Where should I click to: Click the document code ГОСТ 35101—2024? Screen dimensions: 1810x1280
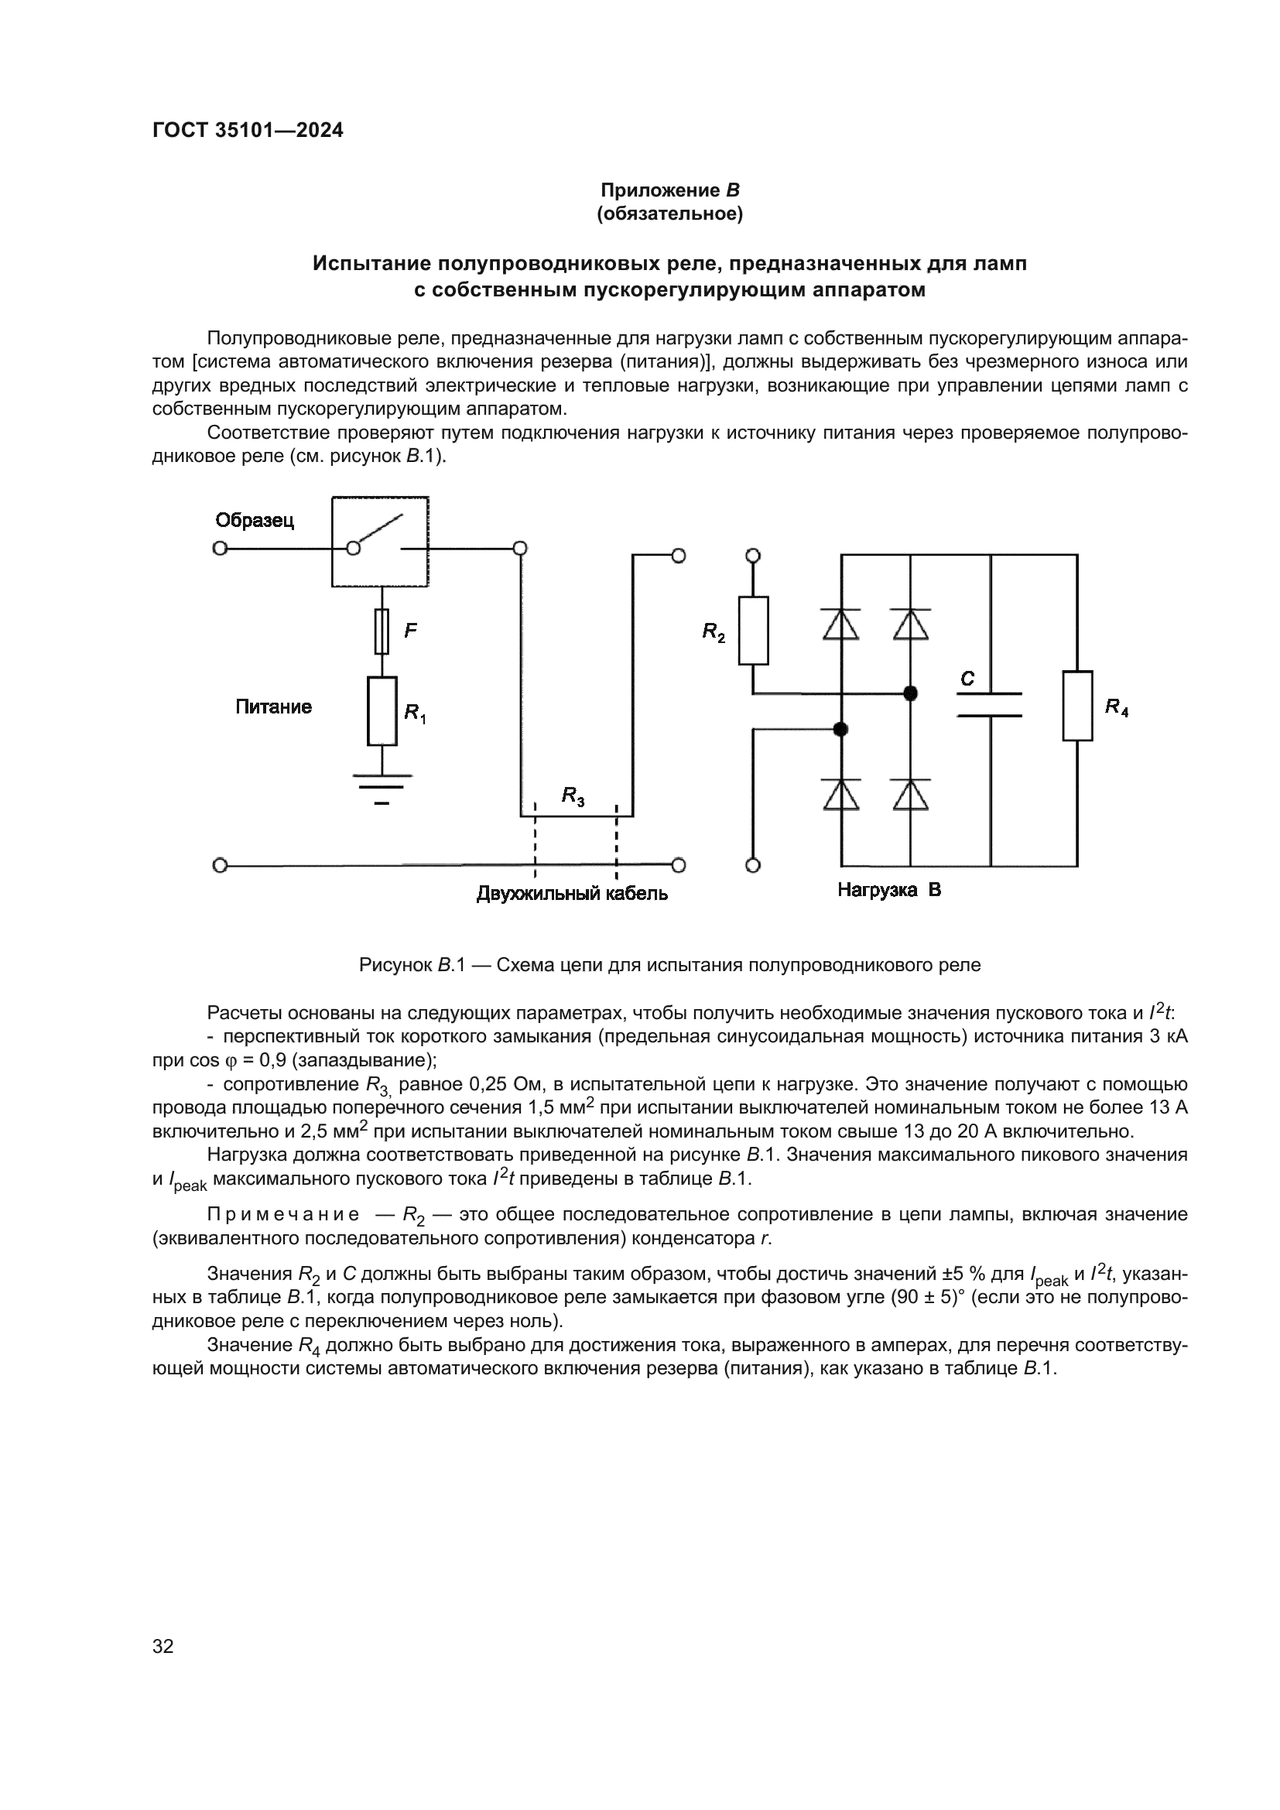(248, 130)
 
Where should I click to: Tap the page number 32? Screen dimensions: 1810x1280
(163, 1646)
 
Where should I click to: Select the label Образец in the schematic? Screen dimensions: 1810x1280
(255, 520)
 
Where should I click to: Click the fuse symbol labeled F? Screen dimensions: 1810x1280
(382, 631)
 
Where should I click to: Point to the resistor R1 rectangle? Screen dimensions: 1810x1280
(382, 710)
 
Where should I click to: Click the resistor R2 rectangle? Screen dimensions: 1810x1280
(753, 631)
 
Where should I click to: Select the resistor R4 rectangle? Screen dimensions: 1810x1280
(1076, 706)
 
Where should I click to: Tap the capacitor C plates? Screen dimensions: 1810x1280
(989, 705)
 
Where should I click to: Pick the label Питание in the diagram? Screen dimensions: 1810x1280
(273, 707)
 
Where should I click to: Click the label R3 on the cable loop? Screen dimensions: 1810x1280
(573, 796)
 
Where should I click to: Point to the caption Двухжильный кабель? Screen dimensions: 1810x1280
(572, 893)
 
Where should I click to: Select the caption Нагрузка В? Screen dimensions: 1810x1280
(889, 890)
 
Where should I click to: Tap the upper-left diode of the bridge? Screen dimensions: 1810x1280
(840, 624)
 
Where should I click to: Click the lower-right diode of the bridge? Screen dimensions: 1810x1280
(910, 794)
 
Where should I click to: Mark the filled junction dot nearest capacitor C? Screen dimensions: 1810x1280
(910, 693)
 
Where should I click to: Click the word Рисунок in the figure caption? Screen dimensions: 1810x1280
(395, 965)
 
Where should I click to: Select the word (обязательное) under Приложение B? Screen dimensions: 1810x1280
(670, 214)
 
